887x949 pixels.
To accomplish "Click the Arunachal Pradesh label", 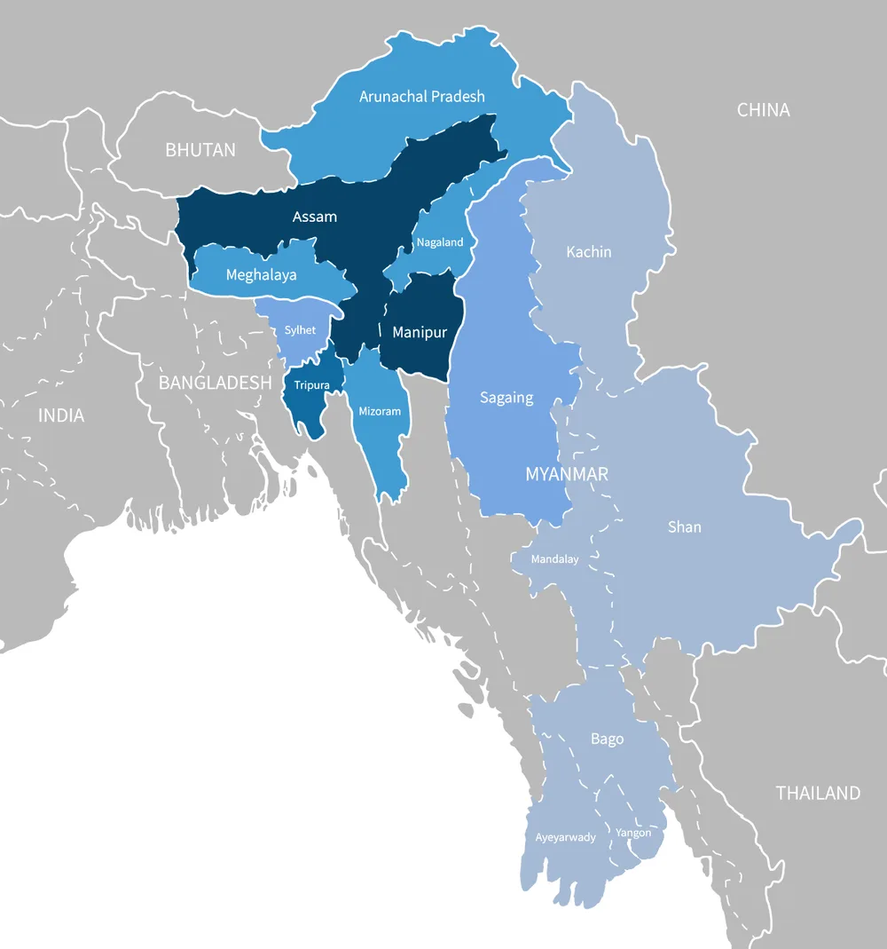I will [422, 96].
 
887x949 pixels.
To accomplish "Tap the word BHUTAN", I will [200, 149].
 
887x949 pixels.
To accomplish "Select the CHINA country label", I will [763, 110].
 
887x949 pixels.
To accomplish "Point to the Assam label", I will [315, 217].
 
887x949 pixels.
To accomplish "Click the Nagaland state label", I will [439, 242].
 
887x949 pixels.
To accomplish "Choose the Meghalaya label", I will [261, 275].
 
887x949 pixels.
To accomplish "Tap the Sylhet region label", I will [300, 330].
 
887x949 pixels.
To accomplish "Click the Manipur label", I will [420, 333].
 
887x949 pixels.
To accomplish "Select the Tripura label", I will [312, 385].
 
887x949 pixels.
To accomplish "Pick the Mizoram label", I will [380, 411].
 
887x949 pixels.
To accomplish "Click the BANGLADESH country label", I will [215, 383].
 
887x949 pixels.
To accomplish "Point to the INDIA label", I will [61, 415].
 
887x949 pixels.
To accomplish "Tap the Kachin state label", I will [589, 252].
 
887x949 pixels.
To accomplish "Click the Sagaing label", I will [506, 398].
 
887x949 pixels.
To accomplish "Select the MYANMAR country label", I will [567, 474].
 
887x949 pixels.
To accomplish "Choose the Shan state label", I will [684, 527].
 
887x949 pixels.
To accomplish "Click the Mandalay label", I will [554, 559].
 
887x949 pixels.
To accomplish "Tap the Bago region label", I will [607, 739].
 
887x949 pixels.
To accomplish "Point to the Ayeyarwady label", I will [565, 837].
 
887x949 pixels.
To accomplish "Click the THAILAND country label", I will [818, 793].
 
